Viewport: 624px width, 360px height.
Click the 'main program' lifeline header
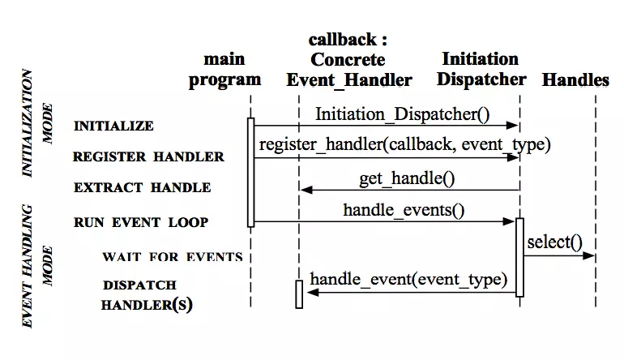coord(224,69)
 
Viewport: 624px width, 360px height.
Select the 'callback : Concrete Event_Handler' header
coord(348,59)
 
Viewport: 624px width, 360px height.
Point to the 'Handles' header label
coord(575,79)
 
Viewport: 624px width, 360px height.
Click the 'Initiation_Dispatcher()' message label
coord(402,114)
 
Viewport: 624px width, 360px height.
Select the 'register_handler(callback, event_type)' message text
coord(404,145)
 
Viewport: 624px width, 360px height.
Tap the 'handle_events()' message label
coord(404,210)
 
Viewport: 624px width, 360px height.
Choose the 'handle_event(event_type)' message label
coord(408,280)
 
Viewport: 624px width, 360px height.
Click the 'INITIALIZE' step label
coord(113,126)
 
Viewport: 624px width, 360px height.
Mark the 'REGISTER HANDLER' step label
coord(148,157)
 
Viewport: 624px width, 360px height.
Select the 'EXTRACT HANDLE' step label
coord(143,188)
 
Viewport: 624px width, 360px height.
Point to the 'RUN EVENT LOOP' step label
coord(141,222)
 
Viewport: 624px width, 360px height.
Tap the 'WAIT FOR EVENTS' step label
coord(172,257)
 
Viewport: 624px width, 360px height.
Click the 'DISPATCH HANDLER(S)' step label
coord(146,296)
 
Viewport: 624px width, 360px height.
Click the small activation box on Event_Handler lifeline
coord(299,294)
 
